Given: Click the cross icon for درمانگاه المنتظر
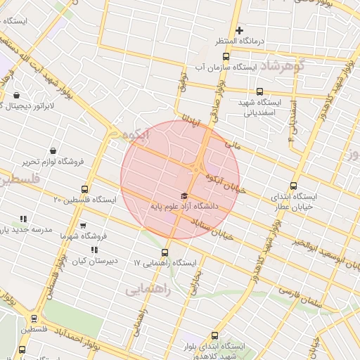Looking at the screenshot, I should tap(240, 30).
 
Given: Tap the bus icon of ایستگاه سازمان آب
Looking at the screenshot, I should tap(225, 56).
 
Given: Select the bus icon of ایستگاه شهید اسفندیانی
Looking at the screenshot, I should tap(259, 91).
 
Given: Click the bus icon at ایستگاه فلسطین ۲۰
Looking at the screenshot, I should tap(85, 189).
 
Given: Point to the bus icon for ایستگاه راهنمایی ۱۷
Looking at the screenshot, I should tap(165, 252).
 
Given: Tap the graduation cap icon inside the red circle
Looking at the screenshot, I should tap(184, 195).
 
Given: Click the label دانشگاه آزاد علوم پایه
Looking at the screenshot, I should tap(184, 207).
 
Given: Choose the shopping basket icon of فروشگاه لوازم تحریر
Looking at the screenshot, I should tap(53, 150).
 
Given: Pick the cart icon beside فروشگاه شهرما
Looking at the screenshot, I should tap(83, 226).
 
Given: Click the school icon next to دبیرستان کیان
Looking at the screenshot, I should tap(94, 250).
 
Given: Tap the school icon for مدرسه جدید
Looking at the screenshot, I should tap(23, 219).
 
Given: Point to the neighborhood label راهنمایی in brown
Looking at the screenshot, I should tap(146, 289).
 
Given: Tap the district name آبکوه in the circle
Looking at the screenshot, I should tap(135, 134).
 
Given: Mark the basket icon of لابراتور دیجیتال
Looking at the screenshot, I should tap(16, 95).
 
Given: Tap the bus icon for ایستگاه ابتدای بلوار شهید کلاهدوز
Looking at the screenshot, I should tap(214, 336).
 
